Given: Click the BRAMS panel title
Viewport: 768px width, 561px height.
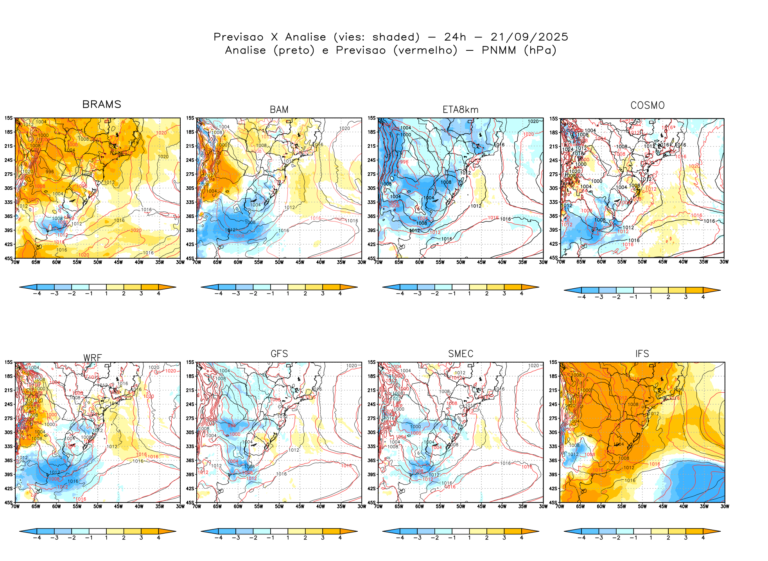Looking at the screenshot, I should pyautogui.click(x=102, y=105).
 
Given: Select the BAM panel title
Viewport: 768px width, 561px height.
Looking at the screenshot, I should pyautogui.click(x=279, y=110).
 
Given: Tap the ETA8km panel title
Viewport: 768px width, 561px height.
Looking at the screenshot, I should pyautogui.click(x=460, y=110).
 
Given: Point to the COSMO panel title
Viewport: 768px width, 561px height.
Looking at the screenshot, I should pyautogui.click(x=648, y=105).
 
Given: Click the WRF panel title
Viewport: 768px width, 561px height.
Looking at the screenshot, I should pyautogui.click(x=93, y=358).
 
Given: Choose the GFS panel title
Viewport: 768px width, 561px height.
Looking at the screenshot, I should pyautogui.click(x=279, y=354).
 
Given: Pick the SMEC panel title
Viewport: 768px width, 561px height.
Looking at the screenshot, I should pyautogui.click(x=461, y=354).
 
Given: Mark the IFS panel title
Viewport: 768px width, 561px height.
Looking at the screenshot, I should pyautogui.click(x=642, y=354).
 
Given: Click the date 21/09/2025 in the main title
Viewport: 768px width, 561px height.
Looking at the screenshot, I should pyautogui.click(x=529, y=37).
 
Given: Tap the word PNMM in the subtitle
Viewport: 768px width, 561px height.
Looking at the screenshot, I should pyautogui.click(x=499, y=50).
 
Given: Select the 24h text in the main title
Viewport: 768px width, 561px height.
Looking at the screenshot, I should pyautogui.click(x=455, y=37).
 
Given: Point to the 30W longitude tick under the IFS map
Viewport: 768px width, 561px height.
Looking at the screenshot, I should pyautogui.click(x=724, y=507).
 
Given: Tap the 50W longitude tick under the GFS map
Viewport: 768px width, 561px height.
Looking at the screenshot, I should pyautogui.click(x=279, y=507).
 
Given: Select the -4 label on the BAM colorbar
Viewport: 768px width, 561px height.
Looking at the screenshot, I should pyautogui.click(x=218, y=293).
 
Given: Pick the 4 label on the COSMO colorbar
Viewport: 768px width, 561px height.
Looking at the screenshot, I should pyautogui.click(x=703, y=297).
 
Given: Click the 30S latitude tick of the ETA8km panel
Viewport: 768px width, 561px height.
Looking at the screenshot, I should pyautogui.click(x=372, y=188).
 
